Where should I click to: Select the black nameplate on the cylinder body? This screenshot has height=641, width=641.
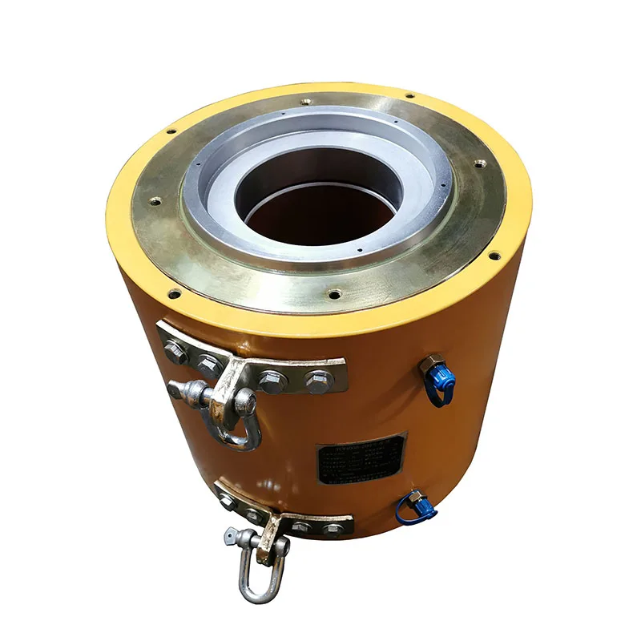pyautogui.click(x=362, y=458)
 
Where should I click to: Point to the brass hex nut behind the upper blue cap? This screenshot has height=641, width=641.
pyautogui.click(x=430, y=362)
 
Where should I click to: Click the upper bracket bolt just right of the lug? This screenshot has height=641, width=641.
pyautogui.click(x=272, y=380)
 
